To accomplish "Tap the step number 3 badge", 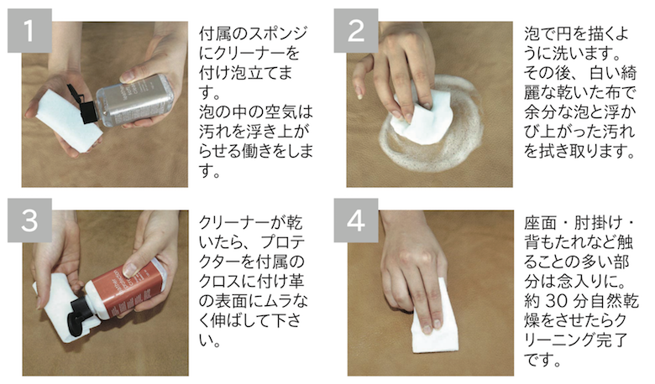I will click(x=30, y=220).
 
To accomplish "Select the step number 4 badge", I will click(x=360, y=220).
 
